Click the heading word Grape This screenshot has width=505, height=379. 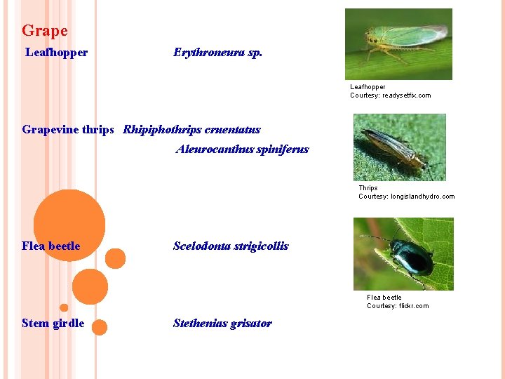(x=45, y=31)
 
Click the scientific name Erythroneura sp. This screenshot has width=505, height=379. (x=217, y=53)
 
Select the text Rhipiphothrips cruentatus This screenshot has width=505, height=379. (x=191, y=129)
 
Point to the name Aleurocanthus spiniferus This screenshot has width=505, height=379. (x=242, y=149)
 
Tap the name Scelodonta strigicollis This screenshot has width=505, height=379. (x=231, y=246)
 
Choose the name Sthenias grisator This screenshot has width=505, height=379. (x=222, y=323)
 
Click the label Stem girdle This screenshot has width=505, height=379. (x=53, y=324)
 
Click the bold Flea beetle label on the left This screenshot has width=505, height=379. (x=51, y=246)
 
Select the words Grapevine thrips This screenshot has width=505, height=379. (x=68, y=129)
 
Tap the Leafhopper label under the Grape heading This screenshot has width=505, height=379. (x=57, y=53)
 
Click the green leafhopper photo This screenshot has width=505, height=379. (x=398, y=44)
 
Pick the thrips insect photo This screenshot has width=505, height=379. (x=399, y=147)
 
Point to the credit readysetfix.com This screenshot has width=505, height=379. (x=406, y=95)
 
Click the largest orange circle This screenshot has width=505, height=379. (x=69, y=225)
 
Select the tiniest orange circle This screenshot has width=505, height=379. (x=64, y=307)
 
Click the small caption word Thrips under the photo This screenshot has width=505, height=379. (x=368, y=188)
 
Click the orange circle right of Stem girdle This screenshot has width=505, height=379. (x=100, y=327)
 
